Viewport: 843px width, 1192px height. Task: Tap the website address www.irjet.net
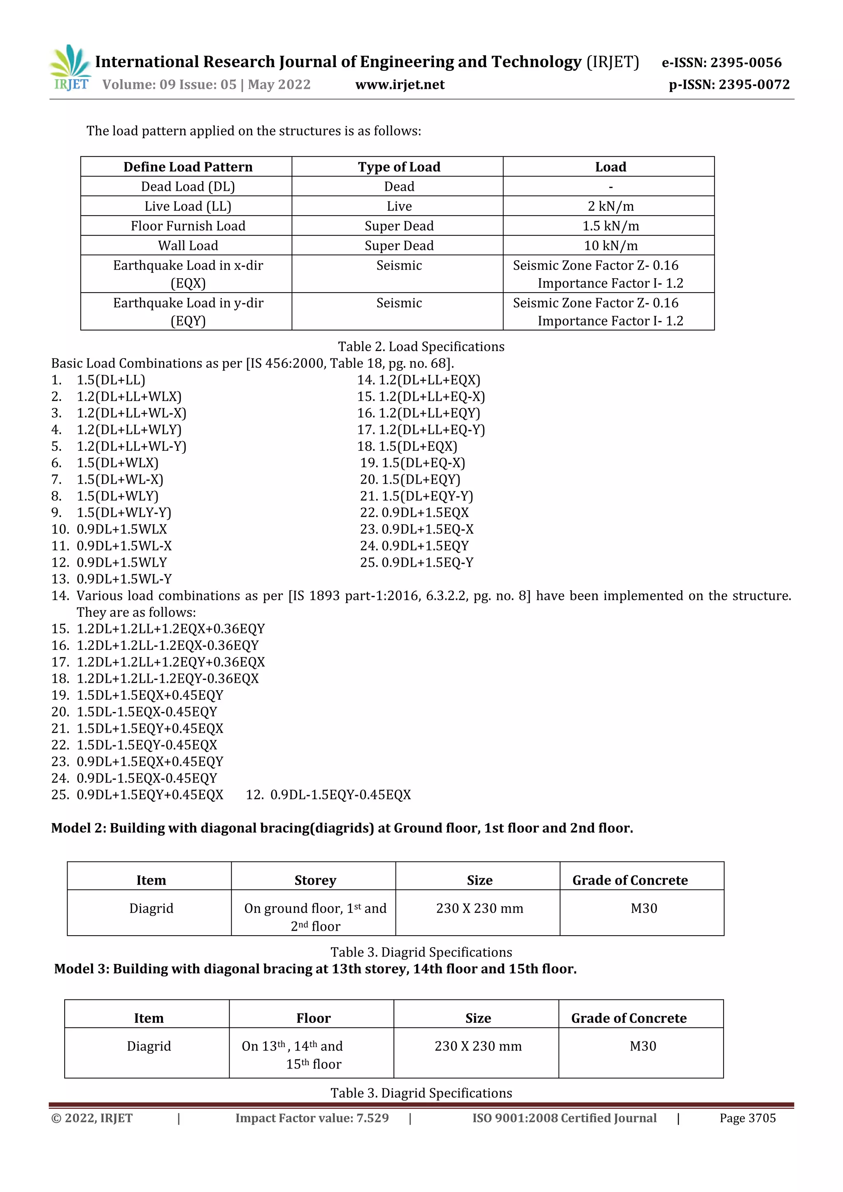point(400,85)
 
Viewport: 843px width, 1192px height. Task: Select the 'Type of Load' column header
point(399,167)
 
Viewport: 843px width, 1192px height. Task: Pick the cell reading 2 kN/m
point(610,206)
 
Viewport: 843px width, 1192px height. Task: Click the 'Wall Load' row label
point(188,246)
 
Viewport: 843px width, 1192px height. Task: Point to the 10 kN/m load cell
point(610,246)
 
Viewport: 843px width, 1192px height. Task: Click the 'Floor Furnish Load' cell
point(188,226)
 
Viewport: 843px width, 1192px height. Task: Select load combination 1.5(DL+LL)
point(111,380)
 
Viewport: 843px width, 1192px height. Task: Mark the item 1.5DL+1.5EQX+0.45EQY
point(149,695)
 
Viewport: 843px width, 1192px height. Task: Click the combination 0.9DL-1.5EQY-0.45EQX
point(340,795)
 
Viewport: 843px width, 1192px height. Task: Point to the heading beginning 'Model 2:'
point(342,828)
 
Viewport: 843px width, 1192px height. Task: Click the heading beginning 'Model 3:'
point(315,969)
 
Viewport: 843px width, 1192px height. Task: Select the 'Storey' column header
point(315,880)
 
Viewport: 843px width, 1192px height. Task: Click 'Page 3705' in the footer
point(747,1118)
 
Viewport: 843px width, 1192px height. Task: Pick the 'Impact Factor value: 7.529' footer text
point(312,1118)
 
